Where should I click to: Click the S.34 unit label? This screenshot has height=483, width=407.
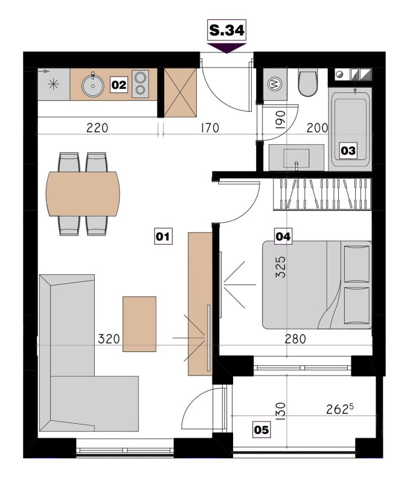pos(227,30)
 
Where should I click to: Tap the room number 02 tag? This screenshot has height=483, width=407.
pos(119,85)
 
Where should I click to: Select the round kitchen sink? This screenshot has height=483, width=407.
pos(93,85)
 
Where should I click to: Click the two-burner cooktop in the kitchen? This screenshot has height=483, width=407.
pos(140,84)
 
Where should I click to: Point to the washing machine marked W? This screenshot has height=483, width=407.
pos(275,84)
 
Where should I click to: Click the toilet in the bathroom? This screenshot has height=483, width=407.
pos(308,83)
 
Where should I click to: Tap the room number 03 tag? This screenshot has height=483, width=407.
pos(348,150)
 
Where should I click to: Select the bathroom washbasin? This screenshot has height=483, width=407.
pos(296,158)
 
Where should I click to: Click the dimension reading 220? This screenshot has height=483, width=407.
pos(97,128)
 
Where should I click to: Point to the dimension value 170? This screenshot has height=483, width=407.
pos(210,128)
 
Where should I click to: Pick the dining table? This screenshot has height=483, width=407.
pos(83,194)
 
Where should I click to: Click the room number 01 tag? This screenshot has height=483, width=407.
pos(163,237)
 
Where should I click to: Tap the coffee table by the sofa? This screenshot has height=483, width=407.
pos(139,324)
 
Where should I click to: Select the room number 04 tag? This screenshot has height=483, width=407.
pos(283,237)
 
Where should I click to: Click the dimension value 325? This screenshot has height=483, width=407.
pos(280,267)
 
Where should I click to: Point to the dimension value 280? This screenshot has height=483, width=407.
pos(295,339)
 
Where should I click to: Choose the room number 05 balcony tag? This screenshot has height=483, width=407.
pos(261,430)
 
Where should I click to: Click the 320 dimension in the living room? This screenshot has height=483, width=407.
pos(109,339)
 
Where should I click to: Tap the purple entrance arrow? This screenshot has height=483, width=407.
pos(227,48)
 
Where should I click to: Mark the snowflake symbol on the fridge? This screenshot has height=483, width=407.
pos(54,84)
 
